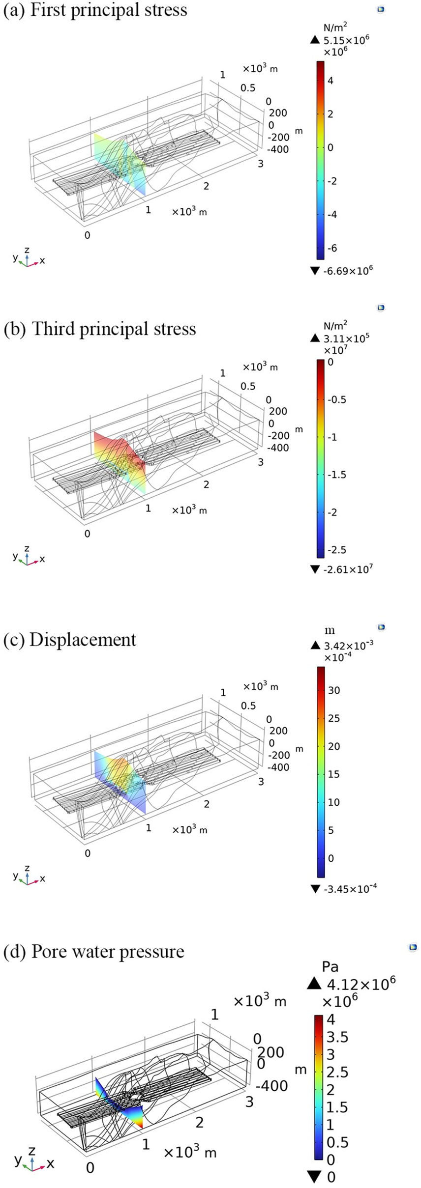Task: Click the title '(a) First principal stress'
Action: pyautogui.click(x=95, y=10)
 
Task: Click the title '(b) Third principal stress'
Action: pyautogui.click(x=100, y=329)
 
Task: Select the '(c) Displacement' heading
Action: pyautogui.click(x=70, y=640)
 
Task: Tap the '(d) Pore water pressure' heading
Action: pyautogui.click(x=94, y=952)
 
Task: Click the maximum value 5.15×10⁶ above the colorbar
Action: pyautogui.click(x=347, y=40)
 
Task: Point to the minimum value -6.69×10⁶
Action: pyautogui.click(x=348, y=270)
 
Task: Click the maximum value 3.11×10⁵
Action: pyautogui.click(x=347, y=338)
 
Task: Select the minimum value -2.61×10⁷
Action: pyautogui.click(x=348, y=569)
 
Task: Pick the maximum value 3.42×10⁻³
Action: pyautogui.click(x=349, y=645)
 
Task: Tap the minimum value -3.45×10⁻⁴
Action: pyautogui.click(x=350, y=889)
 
